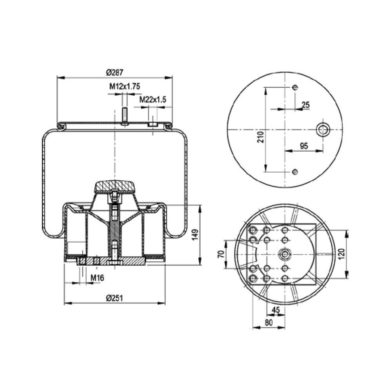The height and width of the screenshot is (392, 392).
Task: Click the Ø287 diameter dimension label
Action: coord(114,72)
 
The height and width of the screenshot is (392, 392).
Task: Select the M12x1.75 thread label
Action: coord(125,87)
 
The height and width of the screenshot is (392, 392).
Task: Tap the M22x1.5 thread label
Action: coord(153,100)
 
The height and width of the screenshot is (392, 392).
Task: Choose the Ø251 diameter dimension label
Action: coord(114,298)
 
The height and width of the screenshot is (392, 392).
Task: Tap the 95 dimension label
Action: coord(304,146)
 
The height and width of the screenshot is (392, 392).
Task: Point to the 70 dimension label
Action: coord(221,254)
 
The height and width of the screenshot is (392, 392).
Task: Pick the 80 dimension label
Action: coord(268,323)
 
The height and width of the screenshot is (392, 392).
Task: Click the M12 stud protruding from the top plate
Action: coord(124,116)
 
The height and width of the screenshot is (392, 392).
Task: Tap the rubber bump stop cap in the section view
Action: coord(114,186)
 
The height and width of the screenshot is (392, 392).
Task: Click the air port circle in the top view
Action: coord(323,129)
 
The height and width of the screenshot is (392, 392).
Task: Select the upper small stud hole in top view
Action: coord(295,87)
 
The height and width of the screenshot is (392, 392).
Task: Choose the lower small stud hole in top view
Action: coord(295,172)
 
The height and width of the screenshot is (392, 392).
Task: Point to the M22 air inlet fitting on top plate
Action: coord(152,124)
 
